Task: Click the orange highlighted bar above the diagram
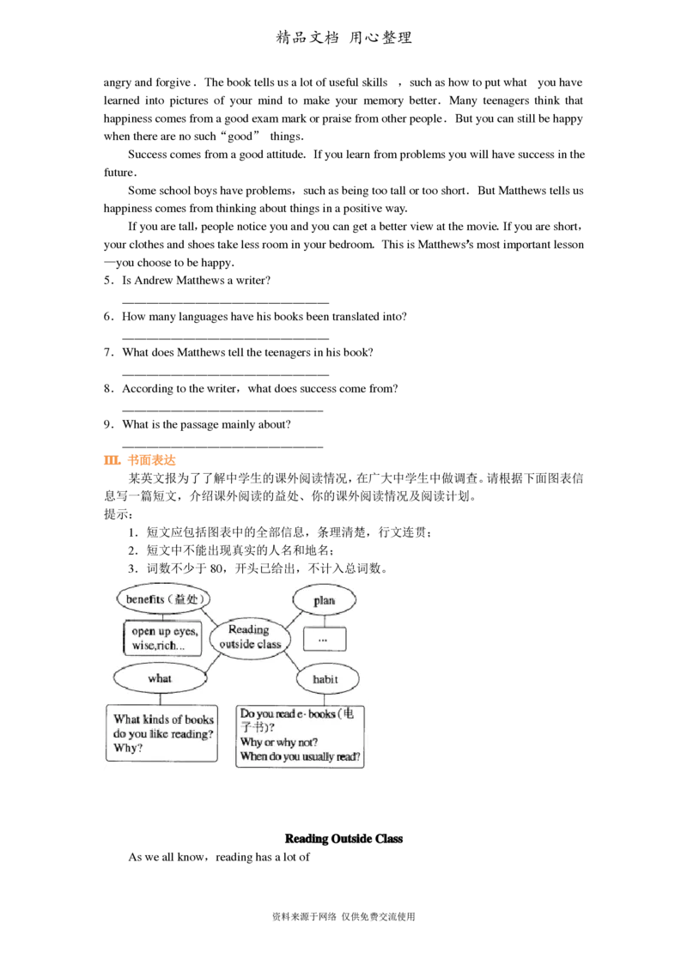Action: tap(140, 460)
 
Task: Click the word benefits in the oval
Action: tap(144, 598)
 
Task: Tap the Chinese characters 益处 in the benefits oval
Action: tap(187, 598)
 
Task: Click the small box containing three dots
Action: tap(325, 640)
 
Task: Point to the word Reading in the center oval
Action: tap(248, 629)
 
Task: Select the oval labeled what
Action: tap(160, 678)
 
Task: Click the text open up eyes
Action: tap(165, 630)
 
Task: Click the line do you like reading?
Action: tap(164, 733)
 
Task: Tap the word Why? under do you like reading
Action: tap(129, 748)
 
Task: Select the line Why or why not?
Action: tap(279, 742)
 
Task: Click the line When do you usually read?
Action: tap(301, 757)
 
